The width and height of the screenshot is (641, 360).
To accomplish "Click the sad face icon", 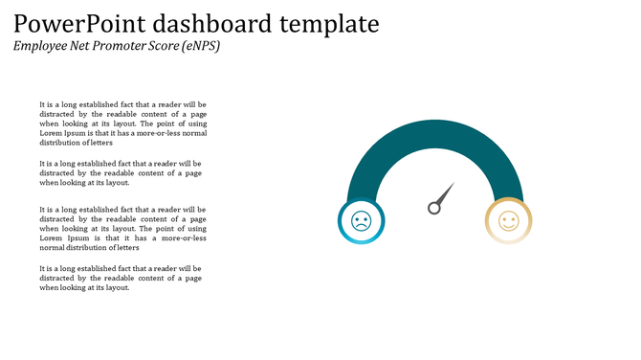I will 361,222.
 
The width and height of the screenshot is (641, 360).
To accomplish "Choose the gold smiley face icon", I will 508,222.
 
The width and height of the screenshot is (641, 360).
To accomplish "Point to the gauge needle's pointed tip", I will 453,184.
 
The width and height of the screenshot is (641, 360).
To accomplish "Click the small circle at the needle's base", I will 434,208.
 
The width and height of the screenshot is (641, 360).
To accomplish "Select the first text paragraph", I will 123,123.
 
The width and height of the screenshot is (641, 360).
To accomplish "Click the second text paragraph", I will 121,173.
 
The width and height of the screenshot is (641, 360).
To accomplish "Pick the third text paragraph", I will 123,228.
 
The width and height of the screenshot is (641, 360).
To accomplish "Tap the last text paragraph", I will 121,278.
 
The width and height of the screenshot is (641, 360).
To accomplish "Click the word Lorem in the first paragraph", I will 50,133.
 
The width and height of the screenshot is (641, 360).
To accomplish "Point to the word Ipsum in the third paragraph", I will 79,238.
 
